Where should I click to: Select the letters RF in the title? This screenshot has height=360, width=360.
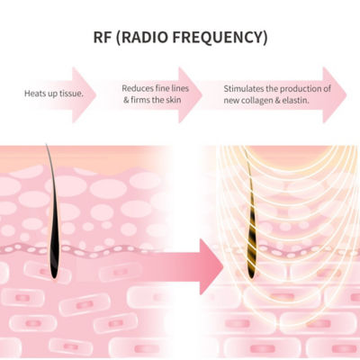pos(103,37)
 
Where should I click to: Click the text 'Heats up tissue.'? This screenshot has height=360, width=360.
pos(54,94)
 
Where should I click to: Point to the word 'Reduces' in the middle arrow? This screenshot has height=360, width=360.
pos(137,88)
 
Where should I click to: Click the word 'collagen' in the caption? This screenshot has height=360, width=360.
pos(256,101)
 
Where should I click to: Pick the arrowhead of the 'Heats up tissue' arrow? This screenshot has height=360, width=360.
pos(84,95)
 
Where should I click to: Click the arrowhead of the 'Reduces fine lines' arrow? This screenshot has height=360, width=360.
pos(190,95)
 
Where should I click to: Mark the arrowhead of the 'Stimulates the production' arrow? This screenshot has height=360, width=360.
pos(335,95)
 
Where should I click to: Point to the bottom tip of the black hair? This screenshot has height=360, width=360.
pos(54,278)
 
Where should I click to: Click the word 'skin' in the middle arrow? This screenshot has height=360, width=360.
pos(173,100)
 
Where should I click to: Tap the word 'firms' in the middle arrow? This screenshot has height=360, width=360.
pos(140,100)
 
